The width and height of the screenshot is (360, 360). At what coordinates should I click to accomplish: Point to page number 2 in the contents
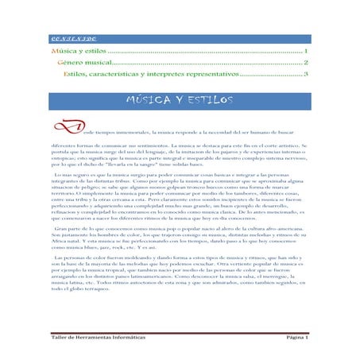point(306,62)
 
